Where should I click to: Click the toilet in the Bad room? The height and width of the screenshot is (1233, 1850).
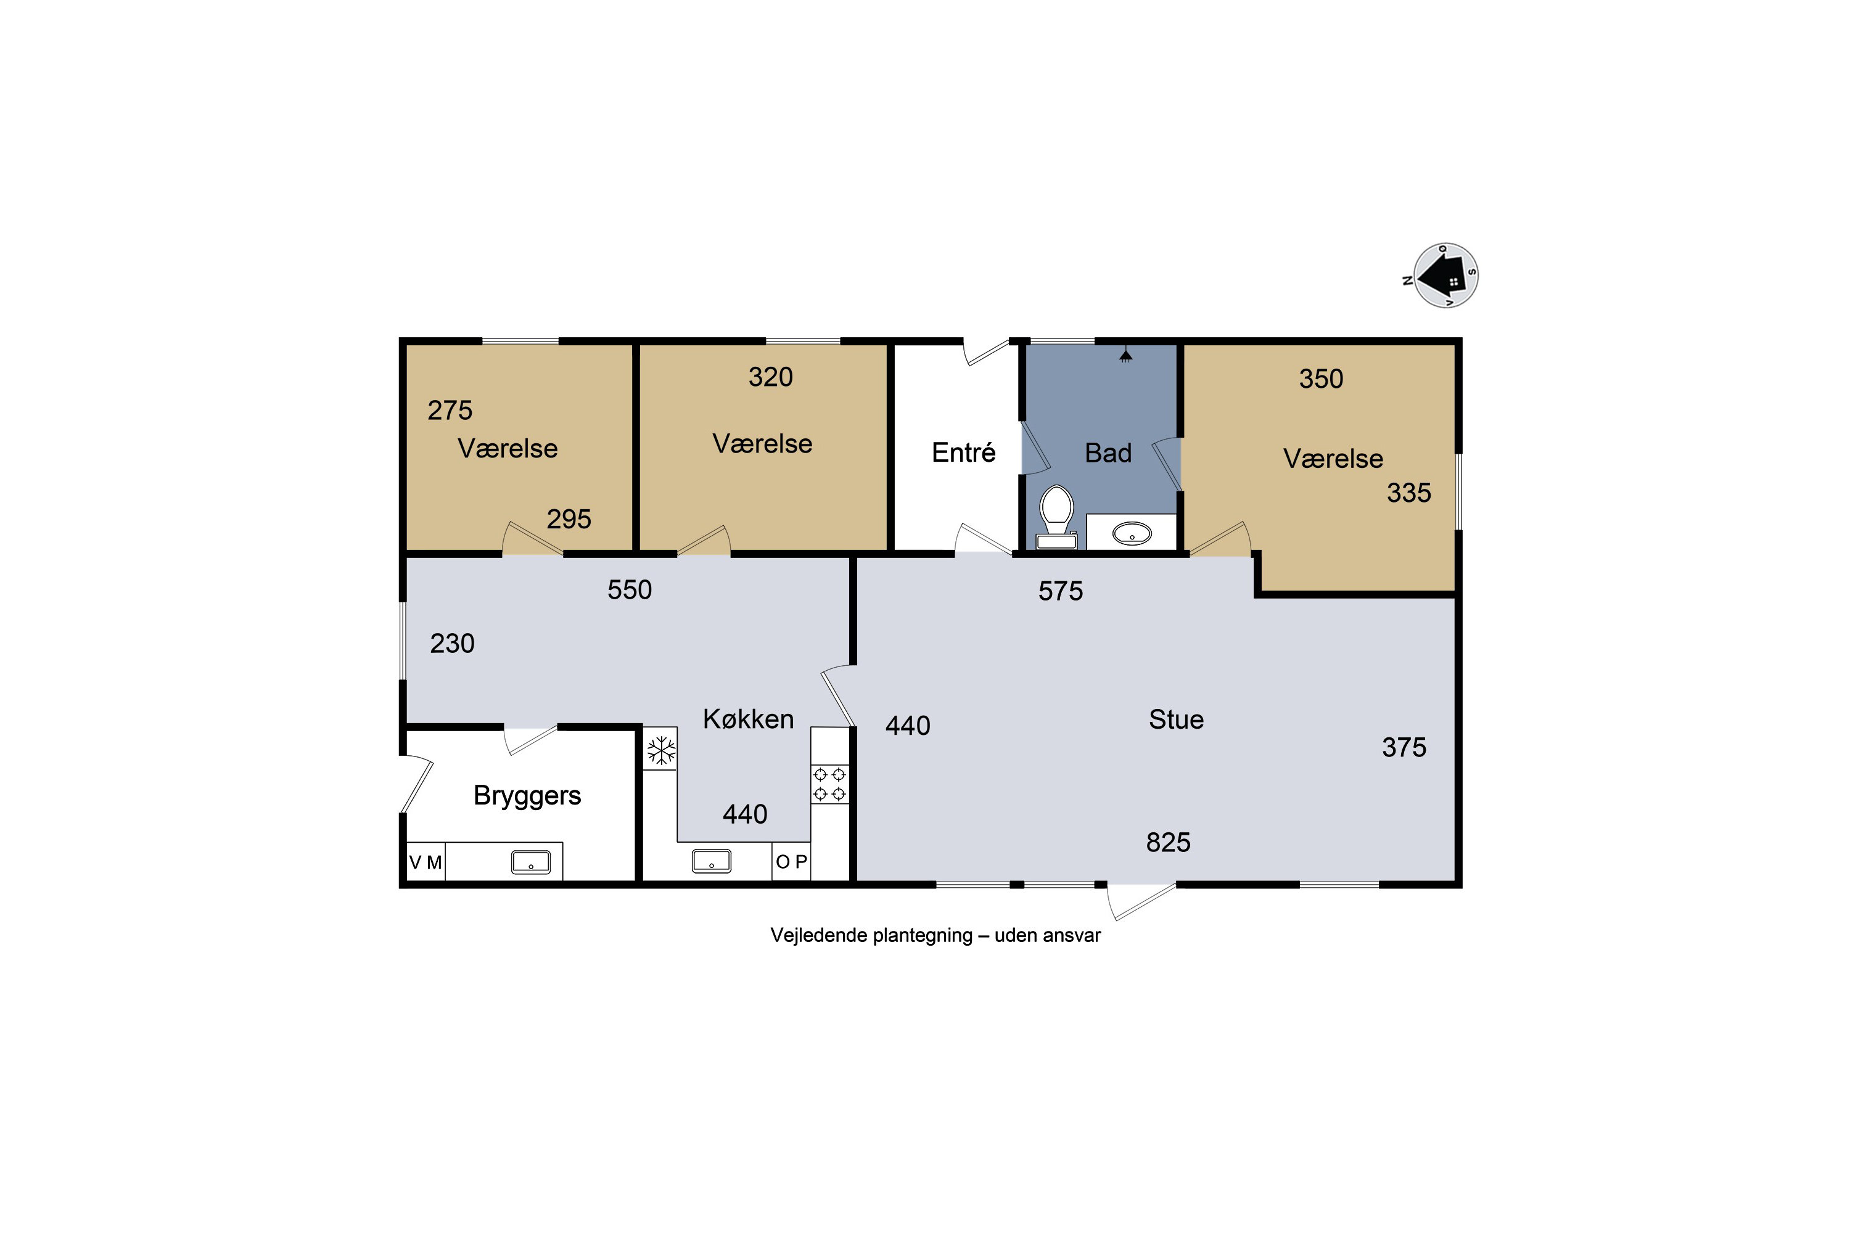1056,517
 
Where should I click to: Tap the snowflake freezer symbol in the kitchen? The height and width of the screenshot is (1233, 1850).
660,750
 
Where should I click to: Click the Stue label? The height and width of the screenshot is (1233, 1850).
1176,719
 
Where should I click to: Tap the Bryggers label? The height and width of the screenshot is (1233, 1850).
527,796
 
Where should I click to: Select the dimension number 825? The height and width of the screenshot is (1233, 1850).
1168,842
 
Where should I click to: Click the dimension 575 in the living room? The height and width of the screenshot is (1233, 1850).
1060,591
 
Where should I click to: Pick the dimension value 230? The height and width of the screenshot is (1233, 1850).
452,643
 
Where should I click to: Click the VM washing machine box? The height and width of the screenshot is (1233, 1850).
425,862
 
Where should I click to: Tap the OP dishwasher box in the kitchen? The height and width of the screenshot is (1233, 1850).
791,862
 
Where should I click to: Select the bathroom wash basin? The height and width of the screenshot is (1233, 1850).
1132,534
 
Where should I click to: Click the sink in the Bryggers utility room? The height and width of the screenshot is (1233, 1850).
531,862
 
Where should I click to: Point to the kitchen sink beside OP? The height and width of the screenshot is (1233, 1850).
711,862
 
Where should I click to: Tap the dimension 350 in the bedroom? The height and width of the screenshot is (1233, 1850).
1321,379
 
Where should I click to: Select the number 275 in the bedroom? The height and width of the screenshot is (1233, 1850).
450,410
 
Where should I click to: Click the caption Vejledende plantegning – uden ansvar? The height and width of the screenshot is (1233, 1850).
935,935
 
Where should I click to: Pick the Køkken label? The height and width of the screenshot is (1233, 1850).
748,719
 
